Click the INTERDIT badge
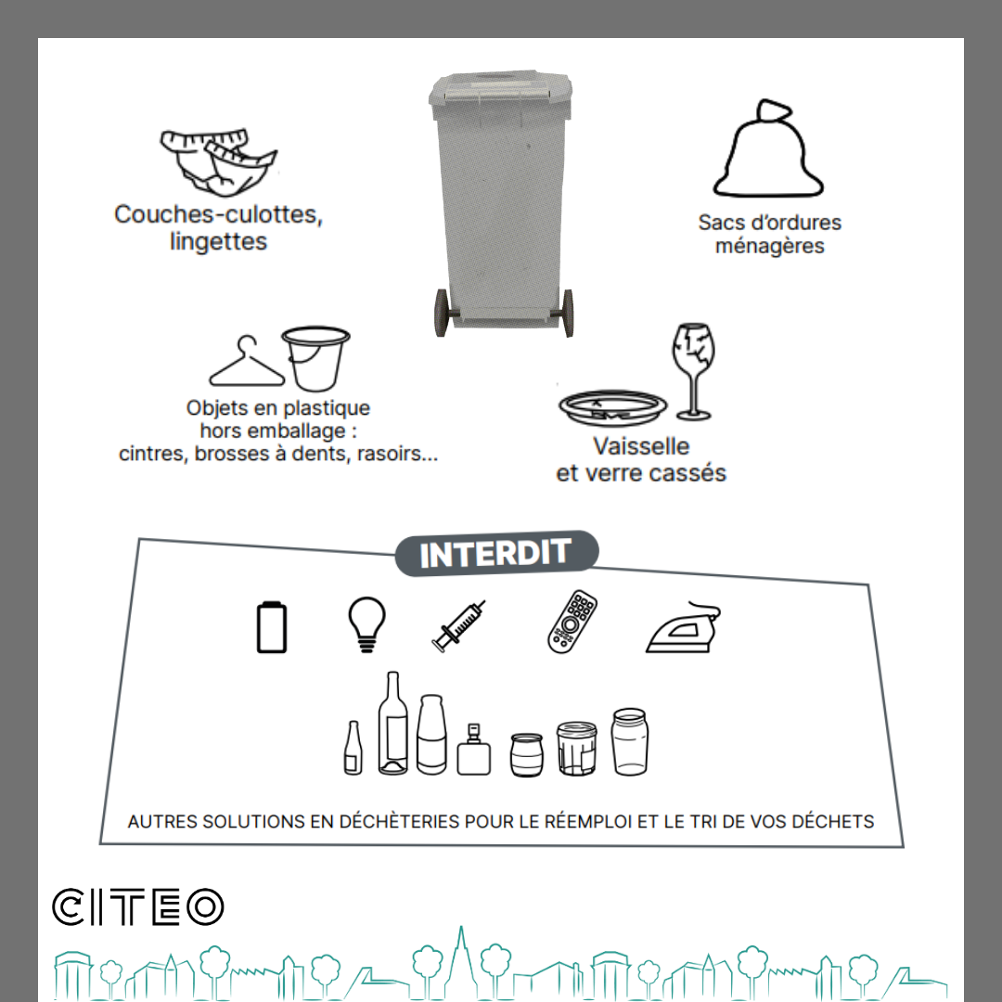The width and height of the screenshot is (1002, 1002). pos(496,553)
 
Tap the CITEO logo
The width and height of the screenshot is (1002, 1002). pos(138,906)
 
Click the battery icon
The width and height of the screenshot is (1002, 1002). pos(272,627)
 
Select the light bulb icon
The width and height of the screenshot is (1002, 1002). pos(366,624)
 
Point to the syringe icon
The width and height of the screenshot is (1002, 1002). pos(458,626)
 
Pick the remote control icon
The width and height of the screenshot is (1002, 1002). pos(572,622)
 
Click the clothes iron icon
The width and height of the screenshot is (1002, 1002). pos(683,627)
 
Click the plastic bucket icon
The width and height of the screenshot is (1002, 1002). pos(315,358)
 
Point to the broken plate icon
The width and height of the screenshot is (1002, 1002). pos(613,407)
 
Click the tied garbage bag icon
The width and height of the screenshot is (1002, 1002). pos(768,148)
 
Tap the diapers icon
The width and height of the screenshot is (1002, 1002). pos(219,162)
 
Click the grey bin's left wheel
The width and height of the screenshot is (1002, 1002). pos(442,313)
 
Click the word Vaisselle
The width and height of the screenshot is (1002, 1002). pos(641,446)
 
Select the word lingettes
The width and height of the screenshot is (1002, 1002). pos(219,242)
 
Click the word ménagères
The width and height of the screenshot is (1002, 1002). pos(769,246)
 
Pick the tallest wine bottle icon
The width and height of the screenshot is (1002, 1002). pos(392,723)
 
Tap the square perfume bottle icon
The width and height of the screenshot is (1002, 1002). pos(473,750)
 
